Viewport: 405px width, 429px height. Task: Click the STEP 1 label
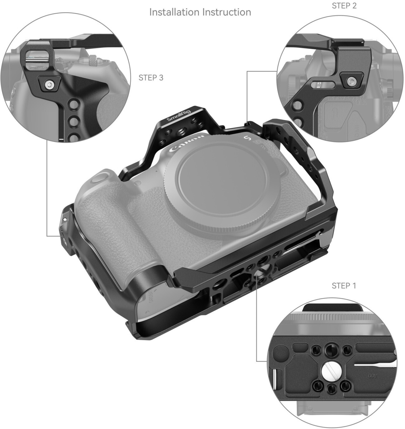click(x=344, y=286)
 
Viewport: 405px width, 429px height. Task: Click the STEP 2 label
click(x=344, y=6)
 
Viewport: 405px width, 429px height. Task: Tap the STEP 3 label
click(x=151, y=78)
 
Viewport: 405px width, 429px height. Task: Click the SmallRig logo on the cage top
click(x=179, y=116)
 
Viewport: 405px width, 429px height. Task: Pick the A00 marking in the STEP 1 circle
click(x=372, y=376)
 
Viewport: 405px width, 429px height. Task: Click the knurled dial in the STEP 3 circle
click(x=94, y=59)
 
